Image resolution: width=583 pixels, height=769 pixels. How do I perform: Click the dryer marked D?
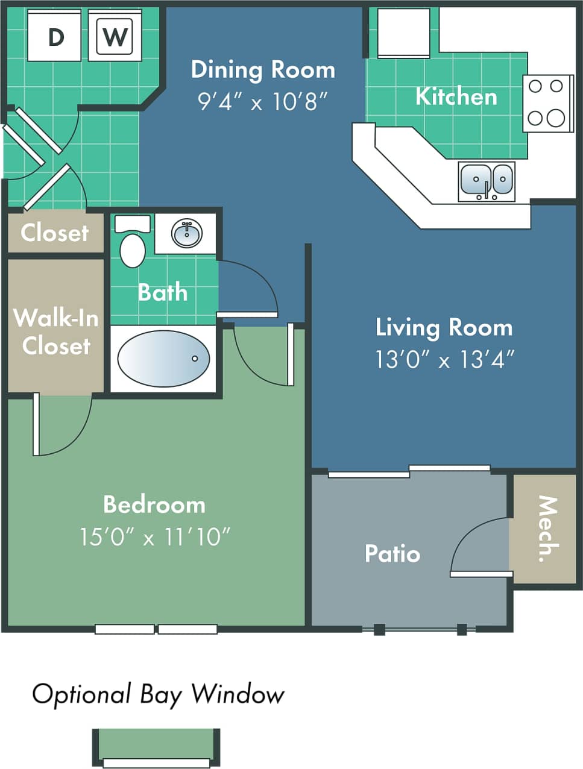point(55,36)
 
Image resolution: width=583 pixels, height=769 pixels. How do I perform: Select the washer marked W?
point(115,36)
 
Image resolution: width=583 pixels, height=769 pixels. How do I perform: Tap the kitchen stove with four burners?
point(547,103)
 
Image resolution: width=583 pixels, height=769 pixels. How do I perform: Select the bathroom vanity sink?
point(186,233)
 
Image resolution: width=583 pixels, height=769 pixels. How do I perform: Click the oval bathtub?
point(163,359)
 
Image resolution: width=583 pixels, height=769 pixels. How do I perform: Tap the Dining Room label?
point(263,70)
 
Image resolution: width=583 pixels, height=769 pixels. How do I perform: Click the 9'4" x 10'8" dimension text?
point(263,101)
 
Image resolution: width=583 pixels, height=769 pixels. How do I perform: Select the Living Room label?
point(444,327)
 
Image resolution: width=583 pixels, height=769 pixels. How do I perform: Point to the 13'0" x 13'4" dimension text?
point(444,360)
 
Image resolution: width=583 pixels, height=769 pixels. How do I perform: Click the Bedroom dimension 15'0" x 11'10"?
point(155,536)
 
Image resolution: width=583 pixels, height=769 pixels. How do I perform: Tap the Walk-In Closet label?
point(56,331)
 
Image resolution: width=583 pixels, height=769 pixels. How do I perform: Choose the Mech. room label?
point(547,529)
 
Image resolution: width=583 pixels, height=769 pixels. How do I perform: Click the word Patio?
point(392,553)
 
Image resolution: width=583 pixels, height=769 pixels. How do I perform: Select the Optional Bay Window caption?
point(158,694)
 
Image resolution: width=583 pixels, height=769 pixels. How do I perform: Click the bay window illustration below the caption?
point(156,747)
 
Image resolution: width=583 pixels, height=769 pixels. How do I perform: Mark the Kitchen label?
point(456,96)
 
